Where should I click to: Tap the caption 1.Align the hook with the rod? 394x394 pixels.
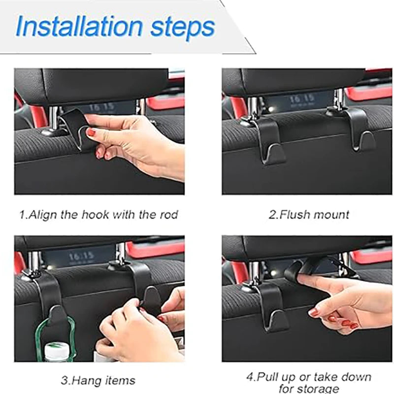(x=98, y=215)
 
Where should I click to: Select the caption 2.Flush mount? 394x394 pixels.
(x=309, y=215)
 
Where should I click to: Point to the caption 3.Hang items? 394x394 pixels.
(x=98, y=380)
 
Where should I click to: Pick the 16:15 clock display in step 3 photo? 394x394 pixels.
(x=81, y=257)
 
